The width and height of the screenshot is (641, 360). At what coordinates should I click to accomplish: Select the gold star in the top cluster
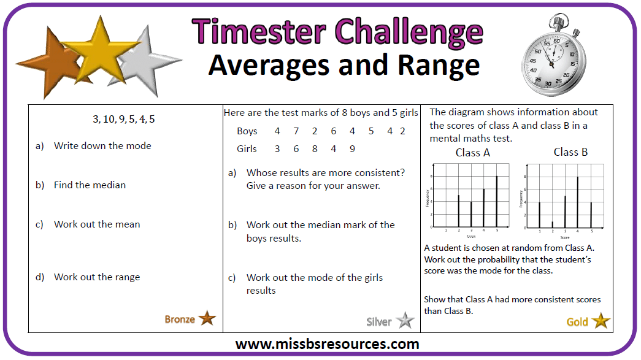95,52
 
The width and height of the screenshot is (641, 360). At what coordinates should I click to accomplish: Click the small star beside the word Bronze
207,318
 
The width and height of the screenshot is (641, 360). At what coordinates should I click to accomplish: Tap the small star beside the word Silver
405,321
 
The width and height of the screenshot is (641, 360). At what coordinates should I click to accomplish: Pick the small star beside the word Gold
601,321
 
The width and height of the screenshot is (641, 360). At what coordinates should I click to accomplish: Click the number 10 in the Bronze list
109,119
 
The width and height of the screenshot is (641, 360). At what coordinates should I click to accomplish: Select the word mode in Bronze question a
139,146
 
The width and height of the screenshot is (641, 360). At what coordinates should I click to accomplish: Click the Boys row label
247,131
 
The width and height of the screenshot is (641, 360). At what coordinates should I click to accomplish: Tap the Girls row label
247,149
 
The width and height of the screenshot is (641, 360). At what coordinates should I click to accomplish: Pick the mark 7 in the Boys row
296,131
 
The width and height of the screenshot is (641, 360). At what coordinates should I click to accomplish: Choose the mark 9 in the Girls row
352,149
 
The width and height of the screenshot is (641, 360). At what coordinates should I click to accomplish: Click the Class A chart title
472,153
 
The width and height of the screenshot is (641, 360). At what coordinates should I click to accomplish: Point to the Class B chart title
570,152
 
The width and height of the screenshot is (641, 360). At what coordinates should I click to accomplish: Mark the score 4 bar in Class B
578,202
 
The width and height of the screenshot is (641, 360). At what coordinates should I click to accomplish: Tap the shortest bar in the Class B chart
552,224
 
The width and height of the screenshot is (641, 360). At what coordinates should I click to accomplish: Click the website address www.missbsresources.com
327,344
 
